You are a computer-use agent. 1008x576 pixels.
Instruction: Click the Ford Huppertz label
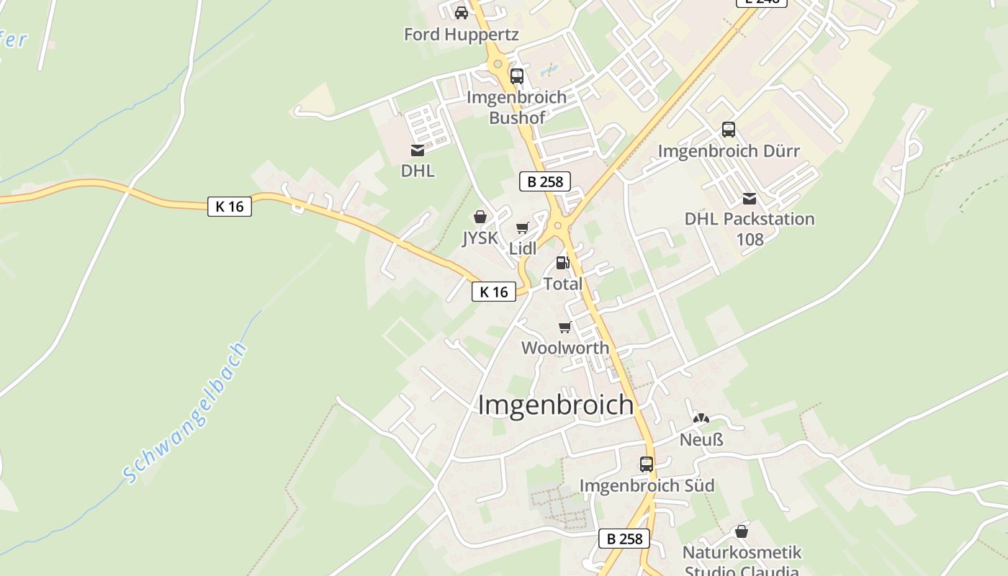pos(461,35)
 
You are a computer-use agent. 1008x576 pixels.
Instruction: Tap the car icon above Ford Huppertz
pos(462,12)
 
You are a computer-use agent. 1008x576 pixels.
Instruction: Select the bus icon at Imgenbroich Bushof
pos(517,76)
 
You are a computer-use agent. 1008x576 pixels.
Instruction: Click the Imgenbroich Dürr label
pos(729,151)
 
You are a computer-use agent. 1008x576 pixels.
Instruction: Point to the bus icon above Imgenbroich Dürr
pos(729,130)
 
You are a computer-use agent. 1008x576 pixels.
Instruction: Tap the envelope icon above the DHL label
pos(418,150)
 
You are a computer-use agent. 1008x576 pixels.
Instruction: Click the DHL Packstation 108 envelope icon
pos(750,198)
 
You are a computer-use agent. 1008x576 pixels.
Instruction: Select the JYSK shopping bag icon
pos(480,217)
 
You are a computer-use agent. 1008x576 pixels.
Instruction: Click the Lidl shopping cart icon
pos(523,228)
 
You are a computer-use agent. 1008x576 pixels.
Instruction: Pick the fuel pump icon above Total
pos(562,263)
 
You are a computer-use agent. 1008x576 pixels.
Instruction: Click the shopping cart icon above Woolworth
pos(565,327)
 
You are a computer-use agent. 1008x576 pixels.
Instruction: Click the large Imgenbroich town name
pos(556,405)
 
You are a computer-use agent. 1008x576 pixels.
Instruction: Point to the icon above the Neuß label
pos(701,418)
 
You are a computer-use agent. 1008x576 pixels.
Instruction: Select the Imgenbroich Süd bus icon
pos(647,464)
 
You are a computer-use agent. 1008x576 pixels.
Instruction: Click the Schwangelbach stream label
pos(186,413)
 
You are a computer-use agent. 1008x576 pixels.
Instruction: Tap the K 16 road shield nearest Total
pos(494,292)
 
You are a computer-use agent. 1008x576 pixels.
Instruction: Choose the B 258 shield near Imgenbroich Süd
pos(624,539)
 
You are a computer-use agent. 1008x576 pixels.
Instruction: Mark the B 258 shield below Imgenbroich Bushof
pos(545,181)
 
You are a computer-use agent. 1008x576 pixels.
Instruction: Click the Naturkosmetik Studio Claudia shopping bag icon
pos(742,531)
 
